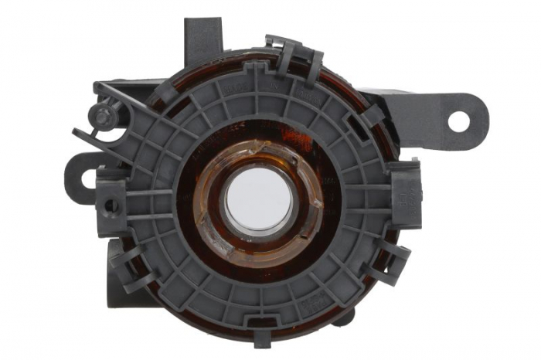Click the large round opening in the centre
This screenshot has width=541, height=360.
pyautogui.click(x=259, y=200)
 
